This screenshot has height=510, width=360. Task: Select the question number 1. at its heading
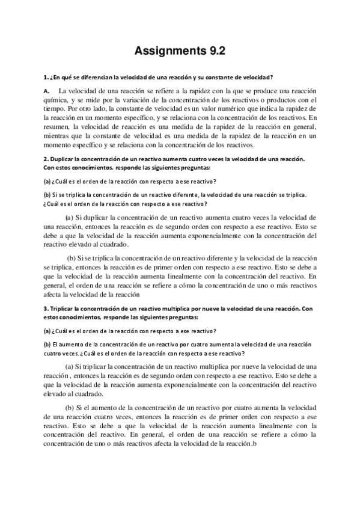(x=46, y=77)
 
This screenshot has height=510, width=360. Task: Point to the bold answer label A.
(x=47, y=90)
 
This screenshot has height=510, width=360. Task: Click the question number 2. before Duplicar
(x=46, y=159)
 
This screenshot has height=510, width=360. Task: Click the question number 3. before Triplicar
(x=46, y=309)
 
